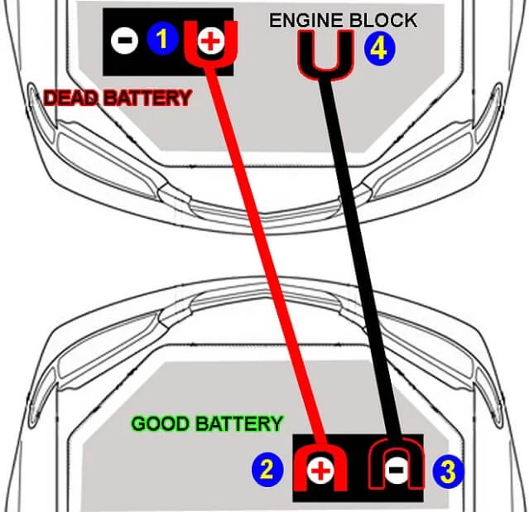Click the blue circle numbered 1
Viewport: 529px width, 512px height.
pyautogui.click(x=162, y=39)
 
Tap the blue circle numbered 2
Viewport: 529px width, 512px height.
pyautogui.click(x=267, y=470)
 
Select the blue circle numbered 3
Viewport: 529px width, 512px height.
pyautogui.click(x=448, y=471)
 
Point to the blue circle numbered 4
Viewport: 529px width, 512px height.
pyautogui.click(x=379, y=49)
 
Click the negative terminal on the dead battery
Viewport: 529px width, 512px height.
pyautogui.click(x=124, y=41)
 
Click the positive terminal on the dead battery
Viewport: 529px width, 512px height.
pyautogui.click(x=211, y=41)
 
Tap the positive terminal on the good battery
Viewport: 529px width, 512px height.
pyautogui.click(x=320, y=470)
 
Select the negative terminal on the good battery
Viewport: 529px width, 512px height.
pyautogui.click(x=396, y=470)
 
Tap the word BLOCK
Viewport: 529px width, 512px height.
pyautogui.click(x=383, y=20)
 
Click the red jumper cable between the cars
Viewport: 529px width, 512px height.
pyautogui.click(x=267, y=255)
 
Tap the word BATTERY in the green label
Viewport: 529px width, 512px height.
pyautogui.click(x=239, y=423)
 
